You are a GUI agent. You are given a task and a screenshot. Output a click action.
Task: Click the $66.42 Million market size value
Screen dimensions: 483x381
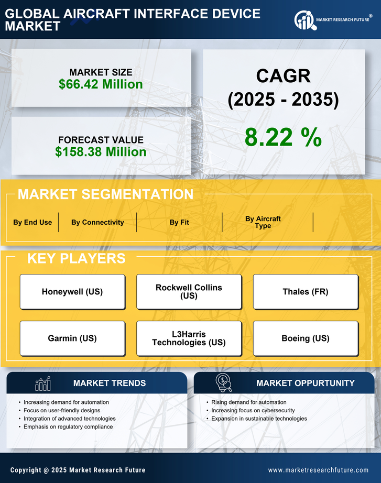[101, 84]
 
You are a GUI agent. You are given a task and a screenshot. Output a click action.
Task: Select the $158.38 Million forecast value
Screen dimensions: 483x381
[101, 152]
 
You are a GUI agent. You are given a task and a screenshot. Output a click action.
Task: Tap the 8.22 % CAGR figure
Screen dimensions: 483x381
[283, 137]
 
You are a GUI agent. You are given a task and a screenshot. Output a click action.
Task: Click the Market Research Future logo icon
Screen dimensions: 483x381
[304, 20]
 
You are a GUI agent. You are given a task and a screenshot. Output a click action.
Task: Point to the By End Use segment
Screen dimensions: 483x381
[32, 222]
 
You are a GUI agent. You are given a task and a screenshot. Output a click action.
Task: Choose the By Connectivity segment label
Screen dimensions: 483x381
[97, 222]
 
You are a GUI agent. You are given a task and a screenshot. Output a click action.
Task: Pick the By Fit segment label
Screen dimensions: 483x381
[179, 222]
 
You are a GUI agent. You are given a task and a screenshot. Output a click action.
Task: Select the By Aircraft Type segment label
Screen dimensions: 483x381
[263, 222]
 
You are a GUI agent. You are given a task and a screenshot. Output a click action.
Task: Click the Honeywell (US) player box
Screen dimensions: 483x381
[72, 292]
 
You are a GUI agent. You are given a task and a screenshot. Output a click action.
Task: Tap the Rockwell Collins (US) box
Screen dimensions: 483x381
[189, 292]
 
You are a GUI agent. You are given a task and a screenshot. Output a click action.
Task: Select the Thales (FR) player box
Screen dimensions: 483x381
[306, 292]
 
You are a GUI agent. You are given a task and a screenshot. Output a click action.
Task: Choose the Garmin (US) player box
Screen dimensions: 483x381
[72, 338]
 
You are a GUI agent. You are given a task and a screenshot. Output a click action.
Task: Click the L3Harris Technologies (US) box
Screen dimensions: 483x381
[189, 338]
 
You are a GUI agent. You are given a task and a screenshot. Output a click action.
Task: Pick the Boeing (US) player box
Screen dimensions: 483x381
[306, 338]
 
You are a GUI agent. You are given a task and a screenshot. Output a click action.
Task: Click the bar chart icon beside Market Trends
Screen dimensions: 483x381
[43, 383]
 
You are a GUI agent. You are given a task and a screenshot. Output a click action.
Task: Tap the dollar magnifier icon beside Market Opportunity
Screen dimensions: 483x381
[223, 383]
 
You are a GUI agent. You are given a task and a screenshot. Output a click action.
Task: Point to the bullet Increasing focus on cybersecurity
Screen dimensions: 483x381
[253, 411]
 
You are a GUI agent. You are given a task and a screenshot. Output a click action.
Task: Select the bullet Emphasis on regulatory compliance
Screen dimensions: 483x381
[68, 427]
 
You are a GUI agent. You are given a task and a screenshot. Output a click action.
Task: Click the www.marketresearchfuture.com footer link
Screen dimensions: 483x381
[318, 470]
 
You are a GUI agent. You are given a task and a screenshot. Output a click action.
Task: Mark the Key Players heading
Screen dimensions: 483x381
[76, 258]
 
